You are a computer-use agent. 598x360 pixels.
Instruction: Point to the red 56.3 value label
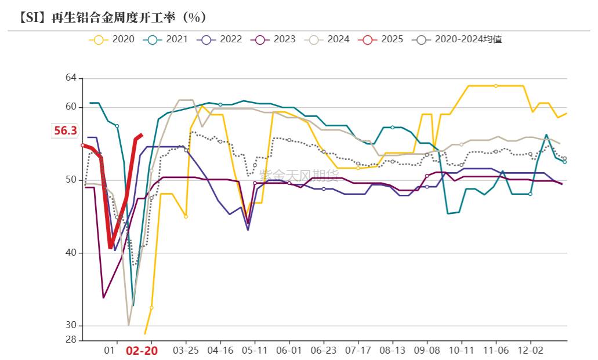[66, 131]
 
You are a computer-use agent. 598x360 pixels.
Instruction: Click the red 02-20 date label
[142, 351]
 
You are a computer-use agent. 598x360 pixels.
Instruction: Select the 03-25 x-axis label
[186, 351]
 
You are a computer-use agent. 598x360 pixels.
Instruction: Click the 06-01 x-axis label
[289, 351]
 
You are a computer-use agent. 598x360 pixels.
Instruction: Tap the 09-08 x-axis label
[427, 351]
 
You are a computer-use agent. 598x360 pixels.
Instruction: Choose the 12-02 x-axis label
[530, 351]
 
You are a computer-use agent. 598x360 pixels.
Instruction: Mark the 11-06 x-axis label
[496, 351]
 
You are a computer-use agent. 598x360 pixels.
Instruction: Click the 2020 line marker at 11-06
[496, 86]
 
